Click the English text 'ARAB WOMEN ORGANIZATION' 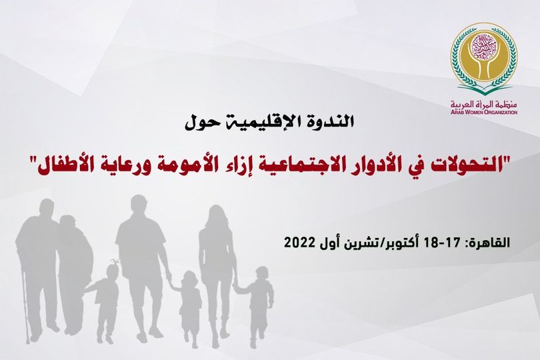pos(483,112)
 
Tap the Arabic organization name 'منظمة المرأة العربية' pos(483,105)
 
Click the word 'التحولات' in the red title pos(477,163)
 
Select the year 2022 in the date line pos(299,242)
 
